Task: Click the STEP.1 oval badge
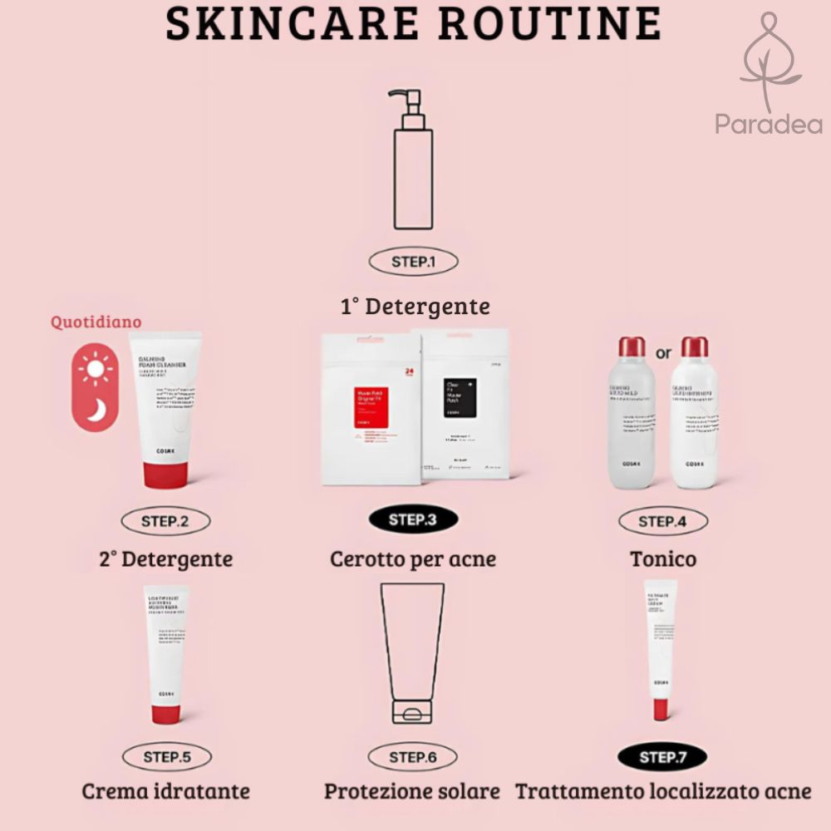coord(413,262)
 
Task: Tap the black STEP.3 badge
coord(413,521)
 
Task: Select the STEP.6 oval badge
coord(413,757)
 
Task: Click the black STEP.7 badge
coord(662,757)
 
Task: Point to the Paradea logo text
coord(769,125)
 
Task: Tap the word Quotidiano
coord(96,322)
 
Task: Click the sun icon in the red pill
coord(97,368)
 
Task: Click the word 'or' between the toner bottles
coord(663,353)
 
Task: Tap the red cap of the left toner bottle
coord(632,347)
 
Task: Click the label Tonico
coord(663,558)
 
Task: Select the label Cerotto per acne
coord(413,558)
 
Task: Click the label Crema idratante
coord(165,790)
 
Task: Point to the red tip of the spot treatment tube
coord(661,710)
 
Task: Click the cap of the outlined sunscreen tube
coord(412,713)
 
